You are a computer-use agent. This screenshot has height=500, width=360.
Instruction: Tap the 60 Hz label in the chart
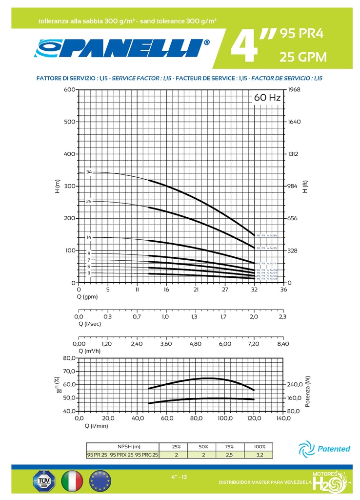(267, 98)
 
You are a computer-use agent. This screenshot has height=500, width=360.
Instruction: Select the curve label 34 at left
(89, 172)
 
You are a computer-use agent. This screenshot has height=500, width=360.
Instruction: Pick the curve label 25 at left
(89, 201)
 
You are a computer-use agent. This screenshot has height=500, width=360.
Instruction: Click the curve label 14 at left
(89, 237)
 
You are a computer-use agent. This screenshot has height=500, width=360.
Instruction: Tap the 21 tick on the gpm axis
(196, 290)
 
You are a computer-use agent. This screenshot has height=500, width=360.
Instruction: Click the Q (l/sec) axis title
(90, 324)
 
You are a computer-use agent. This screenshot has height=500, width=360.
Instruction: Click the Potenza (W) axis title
(308, 385)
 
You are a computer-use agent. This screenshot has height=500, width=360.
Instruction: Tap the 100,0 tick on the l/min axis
(224, 418)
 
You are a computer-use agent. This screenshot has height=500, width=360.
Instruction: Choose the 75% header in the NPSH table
(230, 447)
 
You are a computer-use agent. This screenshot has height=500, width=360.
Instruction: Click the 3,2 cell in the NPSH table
(259, 455)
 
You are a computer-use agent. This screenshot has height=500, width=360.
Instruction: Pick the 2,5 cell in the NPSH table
(230, 455)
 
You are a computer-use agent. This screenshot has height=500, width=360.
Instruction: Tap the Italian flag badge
(73, 480)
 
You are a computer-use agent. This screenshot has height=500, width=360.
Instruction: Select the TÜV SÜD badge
(43, 480)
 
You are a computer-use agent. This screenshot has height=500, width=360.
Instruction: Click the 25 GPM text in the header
(302, 57)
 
